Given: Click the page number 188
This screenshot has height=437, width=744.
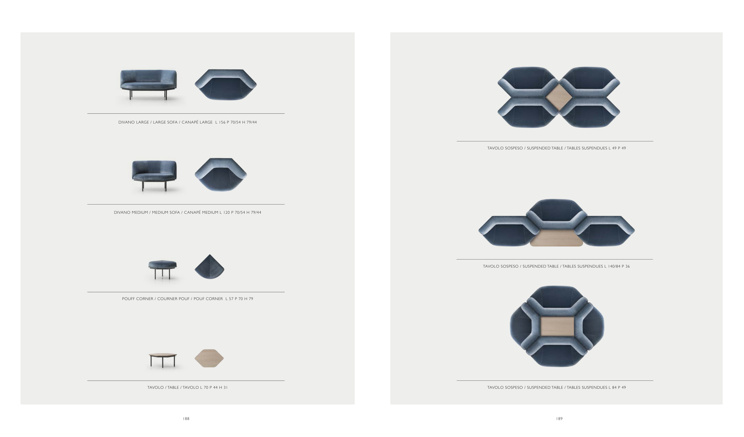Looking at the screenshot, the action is pyautogui.click(x=186, y=419).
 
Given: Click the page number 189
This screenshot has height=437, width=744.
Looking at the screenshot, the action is pyautogui.click(x=559, y=419).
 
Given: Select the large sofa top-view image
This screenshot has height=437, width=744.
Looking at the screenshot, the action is pyautogui.click(x=226, y=85).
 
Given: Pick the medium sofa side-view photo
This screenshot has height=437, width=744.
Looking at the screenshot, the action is pyautogui.click(x=154, y=176).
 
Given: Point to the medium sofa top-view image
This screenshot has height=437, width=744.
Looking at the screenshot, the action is pyautogui.click(x=221, y=174).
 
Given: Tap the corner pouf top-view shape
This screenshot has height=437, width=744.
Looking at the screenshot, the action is pyautogui.click(x=210, y=269).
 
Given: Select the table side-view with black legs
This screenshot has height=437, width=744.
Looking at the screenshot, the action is pyautogui.click(x=162, y=360).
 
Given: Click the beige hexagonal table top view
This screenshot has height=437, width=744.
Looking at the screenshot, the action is pyautogui.click(x=209, y=358).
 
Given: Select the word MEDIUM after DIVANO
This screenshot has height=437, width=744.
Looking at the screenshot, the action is pyautogui.click(x=139, y=213).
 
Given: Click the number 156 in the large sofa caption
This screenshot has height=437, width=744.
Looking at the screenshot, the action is pyautogui.click(x=222, y=122).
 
